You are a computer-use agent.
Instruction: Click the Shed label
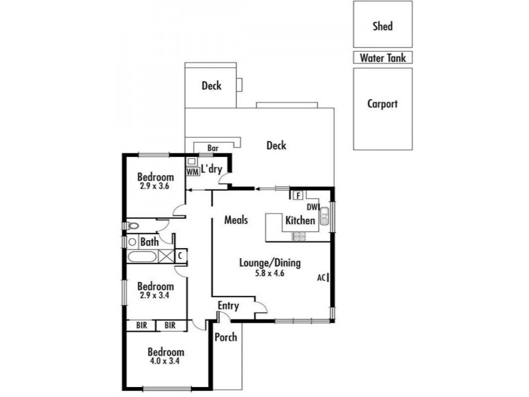point(382,26)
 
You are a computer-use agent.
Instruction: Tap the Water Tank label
point(382,58)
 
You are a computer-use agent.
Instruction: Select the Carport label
point(382,104)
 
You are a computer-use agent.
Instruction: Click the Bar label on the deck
point(213,148)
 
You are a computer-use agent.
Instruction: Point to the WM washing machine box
point(192,171)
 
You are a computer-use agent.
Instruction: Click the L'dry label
point(211,169)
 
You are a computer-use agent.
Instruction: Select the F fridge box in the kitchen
point(298,195)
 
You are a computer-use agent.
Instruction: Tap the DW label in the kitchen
point(313,208)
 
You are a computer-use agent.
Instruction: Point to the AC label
point(321,278)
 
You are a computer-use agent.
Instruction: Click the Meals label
point(236,220)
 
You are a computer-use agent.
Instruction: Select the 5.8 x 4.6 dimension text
point(270,273)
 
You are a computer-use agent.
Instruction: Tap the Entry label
point(228,306)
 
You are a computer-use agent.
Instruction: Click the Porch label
point(225,337)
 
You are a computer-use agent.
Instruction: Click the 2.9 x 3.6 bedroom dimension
point(155,187)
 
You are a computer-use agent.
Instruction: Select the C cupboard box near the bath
point(179,255)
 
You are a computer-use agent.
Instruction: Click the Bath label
point(149,243)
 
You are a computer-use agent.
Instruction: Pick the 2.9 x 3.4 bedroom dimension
point(155,296)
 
